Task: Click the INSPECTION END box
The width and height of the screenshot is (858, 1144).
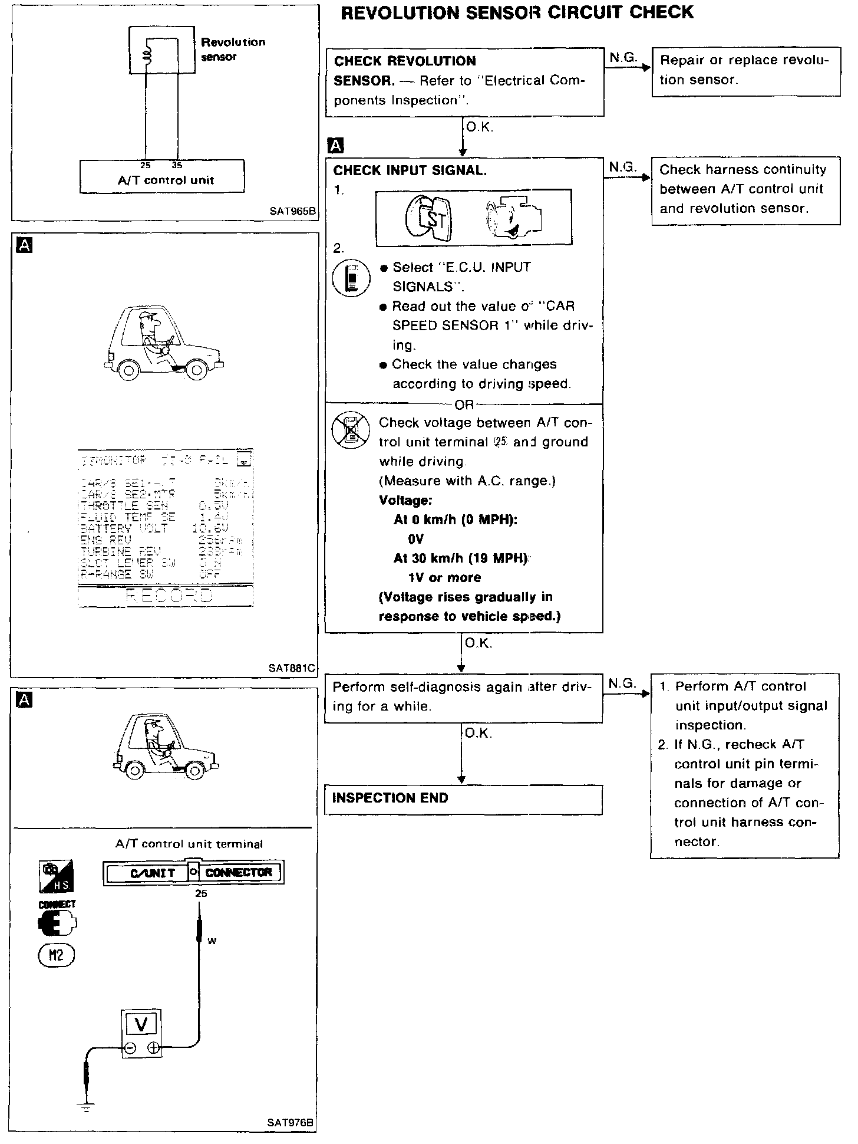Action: [463, 799]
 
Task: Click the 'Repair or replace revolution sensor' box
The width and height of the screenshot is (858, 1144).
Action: [745, 71]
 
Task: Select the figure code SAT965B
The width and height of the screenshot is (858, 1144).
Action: [293, 211]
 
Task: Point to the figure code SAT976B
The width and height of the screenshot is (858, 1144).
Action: [291, 1122]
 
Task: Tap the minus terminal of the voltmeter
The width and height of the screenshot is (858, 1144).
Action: [130, 1048]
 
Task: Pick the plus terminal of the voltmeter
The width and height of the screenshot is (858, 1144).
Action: [153, 1048]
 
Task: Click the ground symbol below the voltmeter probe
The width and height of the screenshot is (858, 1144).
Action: [87, 1107]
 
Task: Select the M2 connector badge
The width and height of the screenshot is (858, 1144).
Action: [57, 956]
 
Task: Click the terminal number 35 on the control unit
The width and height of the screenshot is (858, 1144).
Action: [176, 166]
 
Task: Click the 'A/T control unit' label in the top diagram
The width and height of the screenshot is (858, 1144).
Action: [166, 180]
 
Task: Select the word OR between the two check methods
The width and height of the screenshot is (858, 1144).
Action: [464, 405]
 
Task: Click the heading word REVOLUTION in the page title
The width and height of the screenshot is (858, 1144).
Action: [401, 13]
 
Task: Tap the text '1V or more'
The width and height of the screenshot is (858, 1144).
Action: [444, 578]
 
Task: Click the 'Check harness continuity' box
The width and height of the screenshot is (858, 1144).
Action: [745, 190]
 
